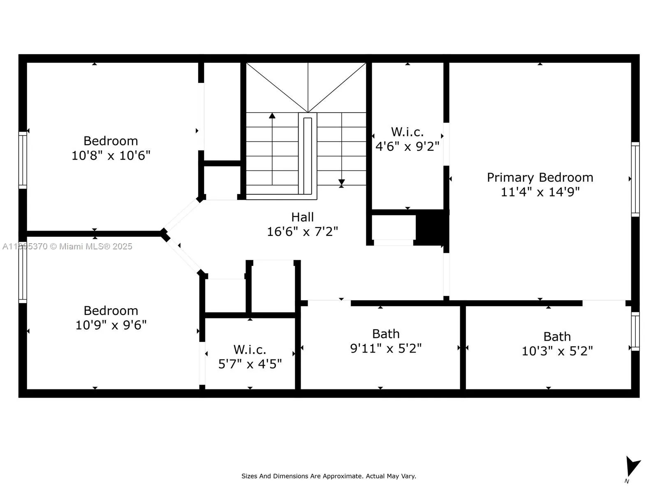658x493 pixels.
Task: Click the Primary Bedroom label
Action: (540, 177)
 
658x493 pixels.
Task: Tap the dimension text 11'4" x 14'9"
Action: (540, 192)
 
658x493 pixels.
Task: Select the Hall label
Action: (302, 217)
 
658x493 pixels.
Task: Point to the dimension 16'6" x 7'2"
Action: (302, 232)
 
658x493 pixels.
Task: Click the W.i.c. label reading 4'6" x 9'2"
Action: (407, 132)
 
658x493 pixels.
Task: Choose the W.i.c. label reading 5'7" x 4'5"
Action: (250, 350)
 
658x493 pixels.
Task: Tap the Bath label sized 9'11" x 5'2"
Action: (386, 334)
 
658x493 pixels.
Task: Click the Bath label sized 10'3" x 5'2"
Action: (557, 336)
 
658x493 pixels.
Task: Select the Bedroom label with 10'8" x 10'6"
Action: (111, 141)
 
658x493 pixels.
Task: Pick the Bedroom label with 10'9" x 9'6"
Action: (111, 311)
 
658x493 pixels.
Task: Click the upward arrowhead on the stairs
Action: (272, 116)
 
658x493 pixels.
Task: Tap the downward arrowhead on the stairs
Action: (341, 182)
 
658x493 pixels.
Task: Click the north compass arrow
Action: (632, 467)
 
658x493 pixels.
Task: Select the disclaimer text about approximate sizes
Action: (329, 476)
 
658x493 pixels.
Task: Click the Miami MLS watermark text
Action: (67, 246)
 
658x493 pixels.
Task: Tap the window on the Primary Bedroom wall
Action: (635, 179)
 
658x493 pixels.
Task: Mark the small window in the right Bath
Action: (635, 331)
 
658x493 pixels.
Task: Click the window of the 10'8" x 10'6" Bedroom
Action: (23, 160)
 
